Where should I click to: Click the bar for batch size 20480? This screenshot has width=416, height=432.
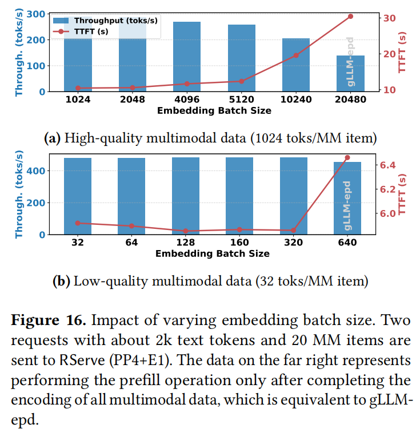(x=350, y=73)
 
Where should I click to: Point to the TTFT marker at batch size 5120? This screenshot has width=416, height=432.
(x=242, y=81)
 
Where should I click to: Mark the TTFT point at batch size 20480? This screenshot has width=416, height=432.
(x=350, y=16)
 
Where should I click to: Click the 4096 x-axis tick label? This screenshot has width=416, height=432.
(x=186, y=98)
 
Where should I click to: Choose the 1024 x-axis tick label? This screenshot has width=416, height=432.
(x=78, y=98)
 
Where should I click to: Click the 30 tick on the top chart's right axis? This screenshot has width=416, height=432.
(x=389, y=18)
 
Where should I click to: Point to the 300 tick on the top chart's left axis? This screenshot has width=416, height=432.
(x=39, y=14)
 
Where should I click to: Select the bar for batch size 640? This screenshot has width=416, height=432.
(x=347, y=198)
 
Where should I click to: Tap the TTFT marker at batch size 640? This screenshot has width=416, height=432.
(x=347, y=157)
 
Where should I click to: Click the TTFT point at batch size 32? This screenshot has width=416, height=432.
(x=78, y=223)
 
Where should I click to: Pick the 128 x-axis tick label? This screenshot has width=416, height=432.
(x=186, y=243)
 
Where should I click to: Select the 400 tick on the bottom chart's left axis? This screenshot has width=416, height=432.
(x=39, y=171)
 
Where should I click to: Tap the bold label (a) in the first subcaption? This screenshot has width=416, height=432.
(x=53, y=138)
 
